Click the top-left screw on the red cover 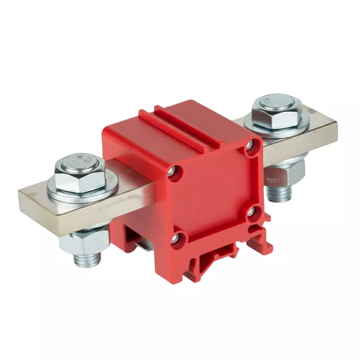pyautogui.click(x=174, y=170)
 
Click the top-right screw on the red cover pyautogui.click(x=249, y=145)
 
